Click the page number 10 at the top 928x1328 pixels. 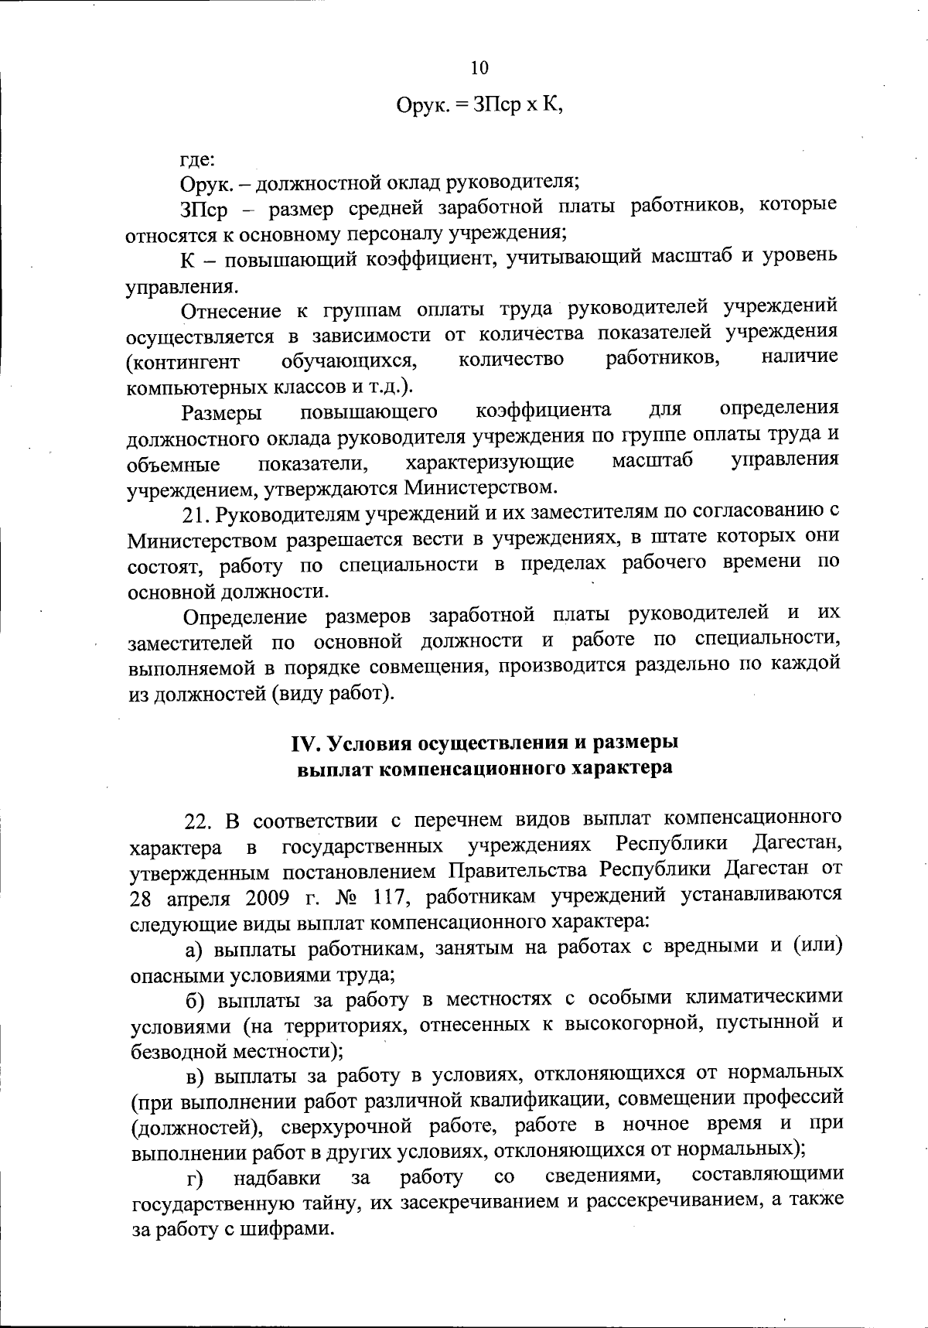[479, 68]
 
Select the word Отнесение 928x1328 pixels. [230, 311]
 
